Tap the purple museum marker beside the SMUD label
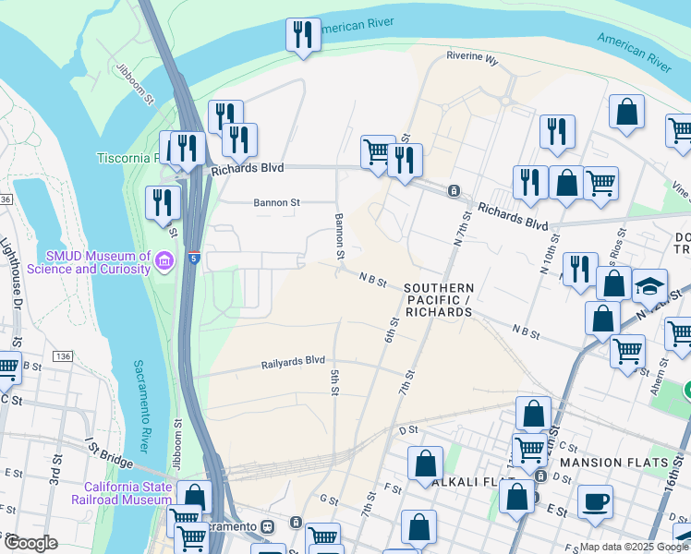coord(164,261)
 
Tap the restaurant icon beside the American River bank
coord(303,35)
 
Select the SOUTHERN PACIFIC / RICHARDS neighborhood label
coord(438,301)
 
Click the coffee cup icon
coord(595,501)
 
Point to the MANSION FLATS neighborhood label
coord(606,462)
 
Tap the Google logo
coord(30,543)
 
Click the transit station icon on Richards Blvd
coord(454,190)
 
